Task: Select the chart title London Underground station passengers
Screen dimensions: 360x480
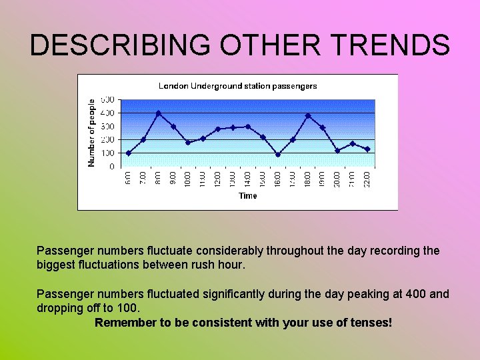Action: pos(237,86)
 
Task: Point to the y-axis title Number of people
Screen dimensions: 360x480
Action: pos(92,133)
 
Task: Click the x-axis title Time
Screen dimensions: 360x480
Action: pos(248,196)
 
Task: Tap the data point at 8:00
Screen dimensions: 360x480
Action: pos(158,113)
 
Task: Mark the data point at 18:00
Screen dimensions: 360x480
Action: pos(308,116)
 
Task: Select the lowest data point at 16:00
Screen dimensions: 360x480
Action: pos(278,155)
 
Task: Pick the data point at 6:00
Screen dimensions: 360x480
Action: pos(129,153)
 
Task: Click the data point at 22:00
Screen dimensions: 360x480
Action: pos(367,149)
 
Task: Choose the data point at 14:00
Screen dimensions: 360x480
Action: pos(248,127)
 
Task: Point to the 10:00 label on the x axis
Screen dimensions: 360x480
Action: pos(188,179)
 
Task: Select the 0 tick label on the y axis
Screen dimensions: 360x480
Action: pos(111,167)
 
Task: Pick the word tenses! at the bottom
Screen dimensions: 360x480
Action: pos(371,323)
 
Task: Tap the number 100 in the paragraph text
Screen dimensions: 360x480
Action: pos(125,308)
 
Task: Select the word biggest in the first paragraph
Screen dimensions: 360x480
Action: pos(57,265)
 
